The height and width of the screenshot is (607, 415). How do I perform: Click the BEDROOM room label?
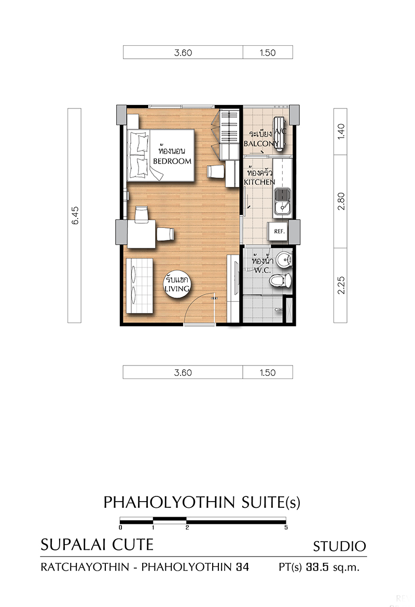[x=172, y=161]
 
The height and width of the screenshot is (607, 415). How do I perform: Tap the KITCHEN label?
[x=259, y=182]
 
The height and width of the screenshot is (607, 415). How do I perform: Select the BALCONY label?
[x=261, y=144]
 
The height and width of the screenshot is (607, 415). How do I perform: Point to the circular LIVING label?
[x=177, y=284]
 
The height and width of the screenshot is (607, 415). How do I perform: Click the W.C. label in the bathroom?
[x=262, y=270]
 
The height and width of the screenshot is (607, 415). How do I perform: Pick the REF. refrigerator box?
[x=279, y=232]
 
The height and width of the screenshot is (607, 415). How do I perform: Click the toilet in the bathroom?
[x=281, y=280]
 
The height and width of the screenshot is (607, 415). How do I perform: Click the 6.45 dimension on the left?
[x=75, y=215]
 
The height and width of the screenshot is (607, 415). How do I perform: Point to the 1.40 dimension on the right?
[x=341, y=131]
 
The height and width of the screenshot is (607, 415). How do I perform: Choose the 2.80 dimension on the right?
[x=341, y=201]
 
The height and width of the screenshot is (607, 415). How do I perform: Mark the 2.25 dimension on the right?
[x=341, y=285]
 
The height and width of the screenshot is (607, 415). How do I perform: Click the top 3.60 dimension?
[x=183, y=52]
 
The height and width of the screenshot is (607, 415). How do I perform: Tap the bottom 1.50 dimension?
[x=268, y=373]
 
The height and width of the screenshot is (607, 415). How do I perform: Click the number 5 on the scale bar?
[x=286, y=528]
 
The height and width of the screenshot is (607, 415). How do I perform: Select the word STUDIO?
[x=339, y=546]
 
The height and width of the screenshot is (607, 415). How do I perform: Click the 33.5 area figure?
[x=317, y=567]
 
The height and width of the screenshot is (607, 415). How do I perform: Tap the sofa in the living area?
[x=139, y=286]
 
